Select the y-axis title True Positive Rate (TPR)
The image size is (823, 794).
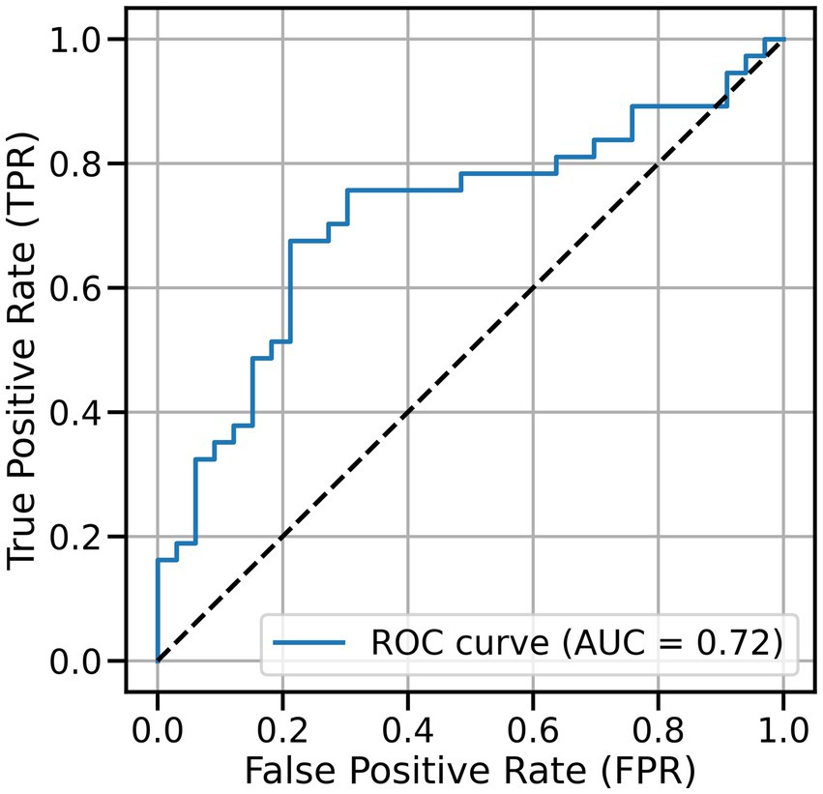pyautogui.click(x=26, y=350)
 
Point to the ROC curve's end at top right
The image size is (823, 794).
pyautogui.click(x=782, y=40)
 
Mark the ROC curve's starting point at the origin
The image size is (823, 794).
pyautogui.click(x=158, y=661)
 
